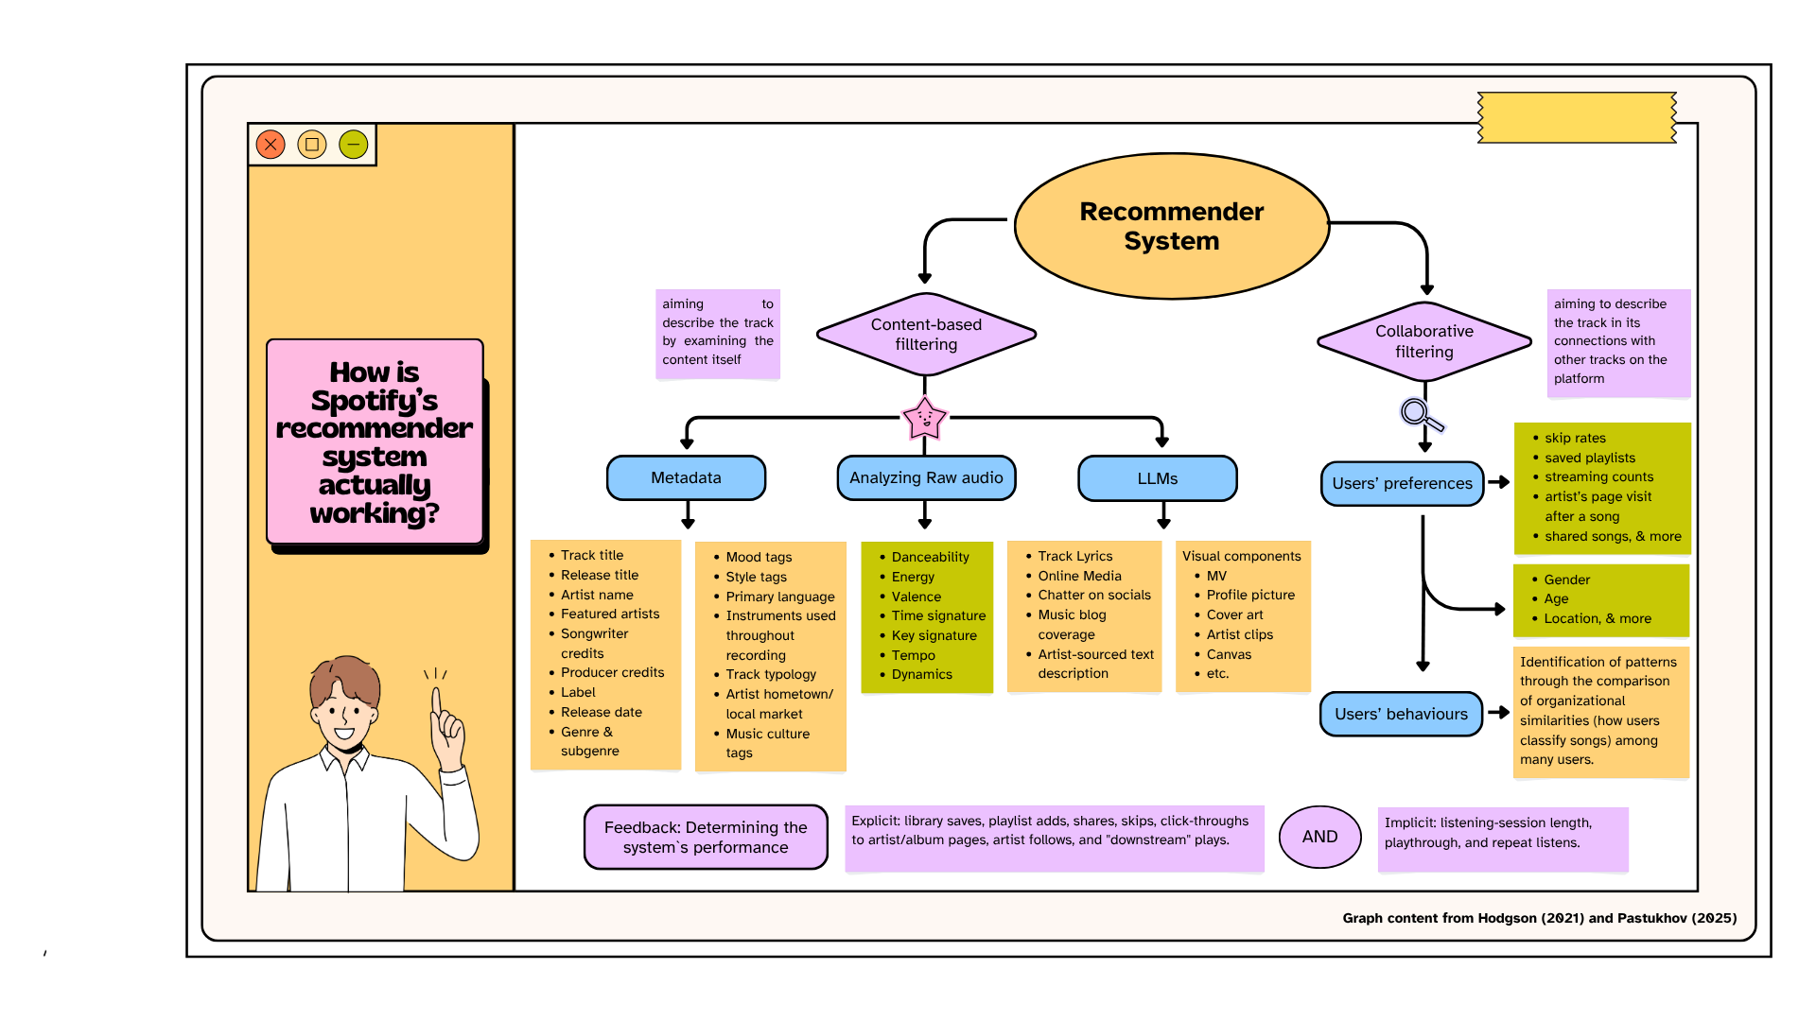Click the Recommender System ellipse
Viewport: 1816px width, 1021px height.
click(x=1171, y=226)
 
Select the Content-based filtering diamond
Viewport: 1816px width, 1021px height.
click(x=926, y=334)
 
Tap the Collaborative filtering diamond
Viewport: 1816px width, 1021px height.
click(x=1423, y=341)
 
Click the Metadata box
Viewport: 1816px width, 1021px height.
click(x=686, y=477)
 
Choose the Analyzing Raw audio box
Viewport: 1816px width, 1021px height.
click(x=926, y=477)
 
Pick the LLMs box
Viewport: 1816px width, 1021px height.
click(x=1157, y=478)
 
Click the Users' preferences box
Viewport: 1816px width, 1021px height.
click(x=1402, y=483)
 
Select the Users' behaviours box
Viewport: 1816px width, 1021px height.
click(x=1401, y=714)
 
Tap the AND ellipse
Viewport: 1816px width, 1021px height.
click(x=1319, y=837)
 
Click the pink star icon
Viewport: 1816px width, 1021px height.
click(x=924, y=418)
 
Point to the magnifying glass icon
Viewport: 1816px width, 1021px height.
click(x=1420, y=414)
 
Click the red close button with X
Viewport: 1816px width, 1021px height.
click(x=271, y=145)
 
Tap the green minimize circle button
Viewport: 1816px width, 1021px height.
click(x=353, y=145)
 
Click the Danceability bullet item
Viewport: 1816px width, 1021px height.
click(x=930, y=557)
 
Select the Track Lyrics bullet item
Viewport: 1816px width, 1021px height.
click(x=1074, y=556)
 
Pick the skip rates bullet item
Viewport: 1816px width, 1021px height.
click(x=1575, y=438)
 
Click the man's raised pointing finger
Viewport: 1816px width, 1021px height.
click(x=436, y=701)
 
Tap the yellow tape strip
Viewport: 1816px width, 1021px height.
click(x=1577, y=117)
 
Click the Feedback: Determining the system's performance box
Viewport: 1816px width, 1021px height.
click(x=706, y=837)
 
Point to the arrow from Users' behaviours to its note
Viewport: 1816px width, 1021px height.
click(x=1498, y=713)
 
